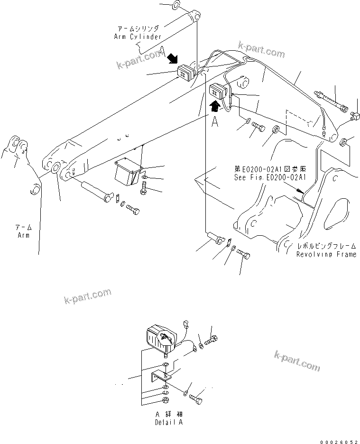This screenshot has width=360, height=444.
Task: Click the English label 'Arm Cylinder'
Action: [x=138, y=37]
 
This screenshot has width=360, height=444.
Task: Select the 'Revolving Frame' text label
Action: [x=326, y=255]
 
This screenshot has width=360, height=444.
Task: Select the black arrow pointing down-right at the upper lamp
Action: [x=172, y=58]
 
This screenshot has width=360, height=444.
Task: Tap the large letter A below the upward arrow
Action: [x=215, y=121]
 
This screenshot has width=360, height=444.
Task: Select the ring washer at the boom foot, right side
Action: [x=345, y=141]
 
